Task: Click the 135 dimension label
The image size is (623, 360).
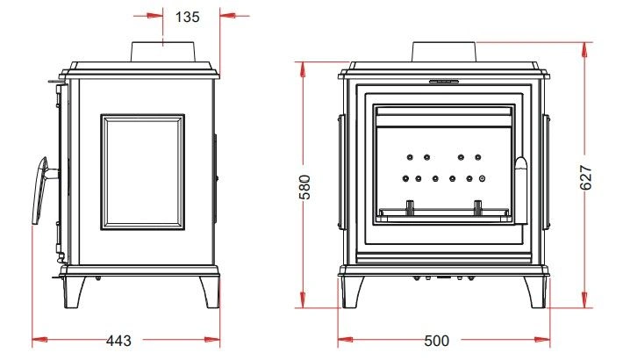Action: point(187,17)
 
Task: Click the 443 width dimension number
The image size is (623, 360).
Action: point(118,341)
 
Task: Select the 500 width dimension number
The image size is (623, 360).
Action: point(437,341)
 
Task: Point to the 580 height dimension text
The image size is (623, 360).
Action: point(304,186)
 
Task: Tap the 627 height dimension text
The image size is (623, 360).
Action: point(586,177)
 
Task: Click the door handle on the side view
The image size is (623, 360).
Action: point(41,191)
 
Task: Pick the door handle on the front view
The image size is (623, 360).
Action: point(521,191)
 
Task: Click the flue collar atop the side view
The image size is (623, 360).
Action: point(163,51)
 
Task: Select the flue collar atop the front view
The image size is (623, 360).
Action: point(444,52)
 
